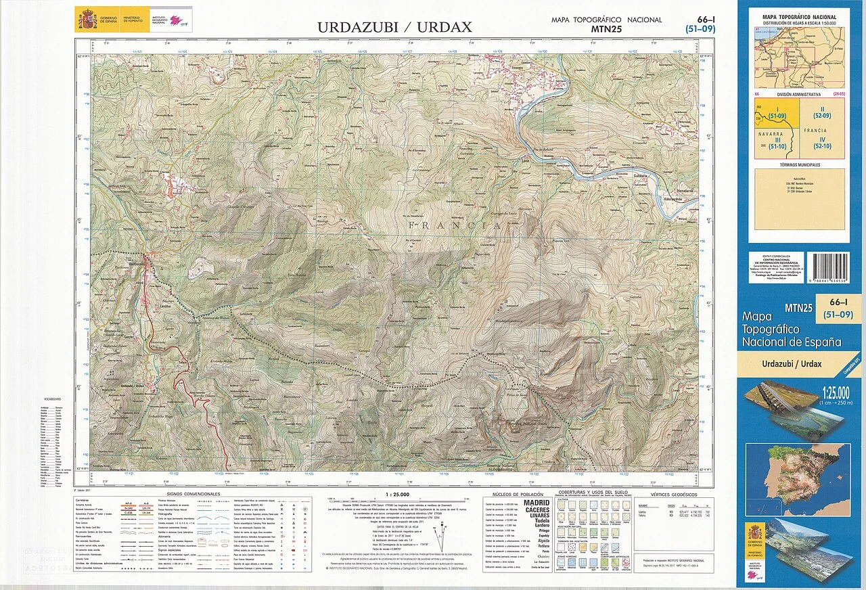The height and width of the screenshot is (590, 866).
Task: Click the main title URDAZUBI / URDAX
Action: tap(395, 28)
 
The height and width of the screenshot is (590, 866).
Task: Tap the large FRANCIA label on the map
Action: tap(455, 224)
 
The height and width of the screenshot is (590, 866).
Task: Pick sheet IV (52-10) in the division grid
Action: tap(822, 143)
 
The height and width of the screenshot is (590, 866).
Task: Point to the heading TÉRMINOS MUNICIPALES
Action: tap(800, 164)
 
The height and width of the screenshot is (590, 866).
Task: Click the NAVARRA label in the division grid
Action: tap(771, 134)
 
